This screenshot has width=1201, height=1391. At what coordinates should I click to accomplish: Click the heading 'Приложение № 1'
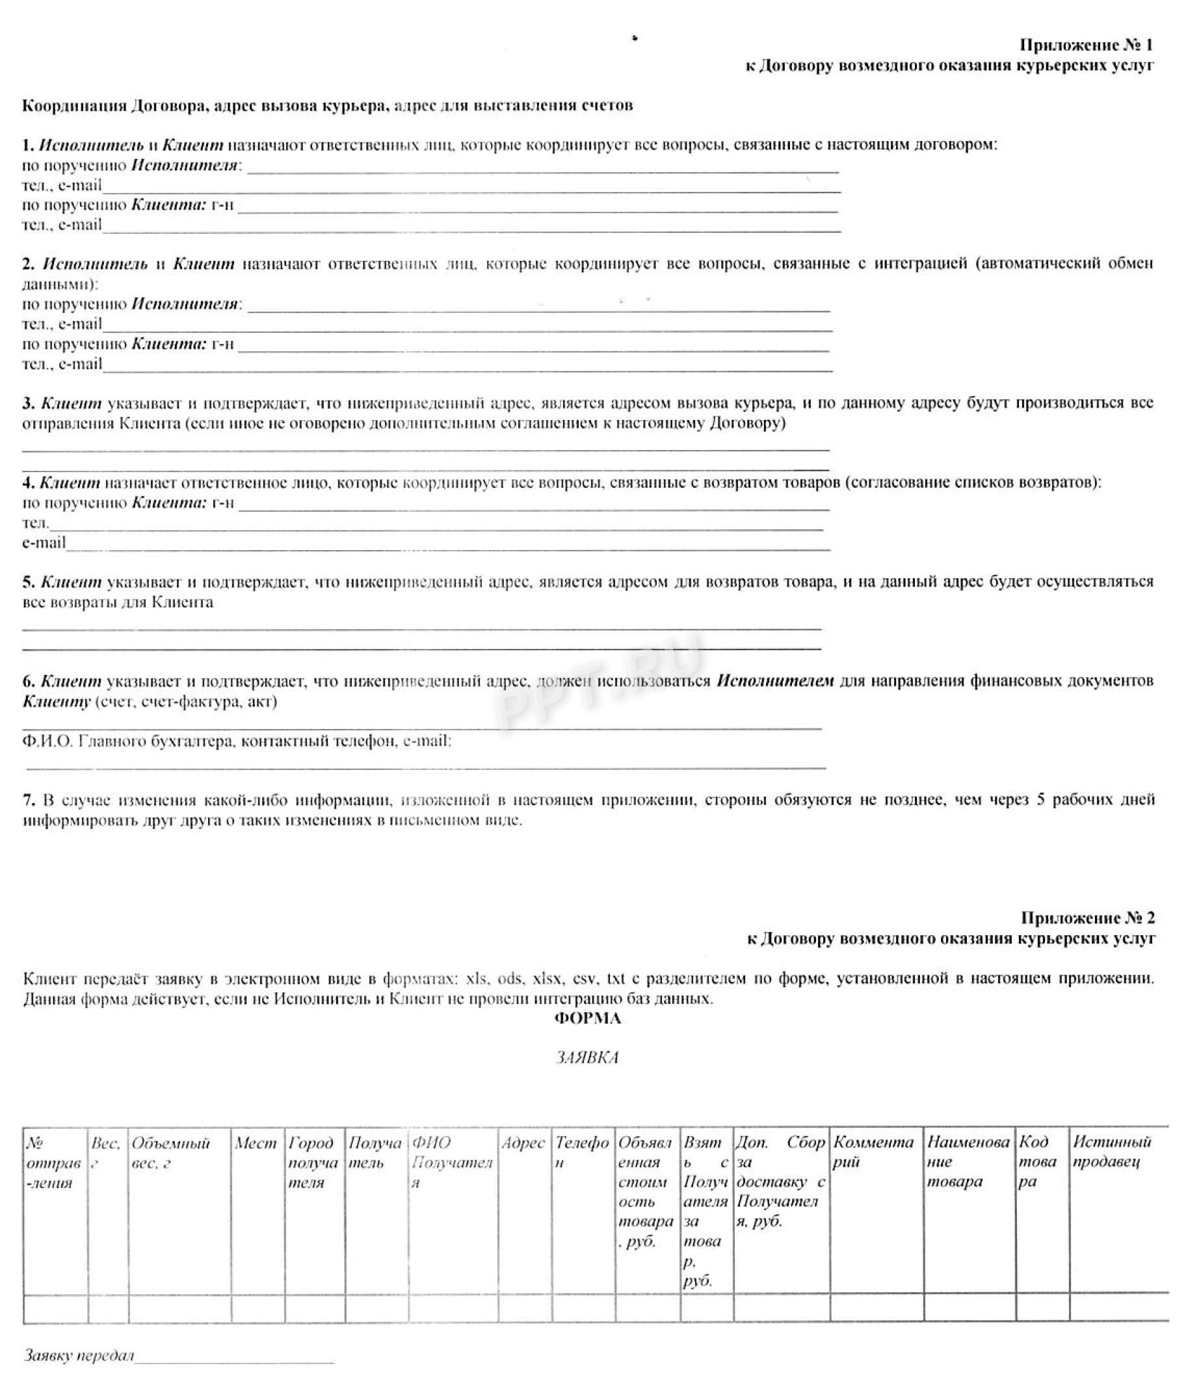coord(1085,45)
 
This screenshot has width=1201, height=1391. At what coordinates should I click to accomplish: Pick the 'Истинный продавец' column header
coord(1112,1152)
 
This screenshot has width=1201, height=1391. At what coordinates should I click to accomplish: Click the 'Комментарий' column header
coord(873,1152)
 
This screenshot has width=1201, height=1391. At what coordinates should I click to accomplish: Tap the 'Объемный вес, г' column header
coord(170,1152)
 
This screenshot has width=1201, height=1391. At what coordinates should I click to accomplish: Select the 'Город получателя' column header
coord(313,1162)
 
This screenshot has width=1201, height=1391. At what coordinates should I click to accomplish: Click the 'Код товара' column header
coord(1038,1162)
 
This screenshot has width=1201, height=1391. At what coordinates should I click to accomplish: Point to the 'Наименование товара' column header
coord(967,1162)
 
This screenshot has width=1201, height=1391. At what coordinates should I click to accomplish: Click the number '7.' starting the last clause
coord(29,801)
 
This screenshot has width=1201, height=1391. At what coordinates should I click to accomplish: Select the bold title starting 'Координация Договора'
coord(327,105)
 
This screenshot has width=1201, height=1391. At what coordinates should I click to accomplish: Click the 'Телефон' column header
coord(581,1152)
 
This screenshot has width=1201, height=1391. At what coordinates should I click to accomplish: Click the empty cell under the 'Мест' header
coord(257,1309)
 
